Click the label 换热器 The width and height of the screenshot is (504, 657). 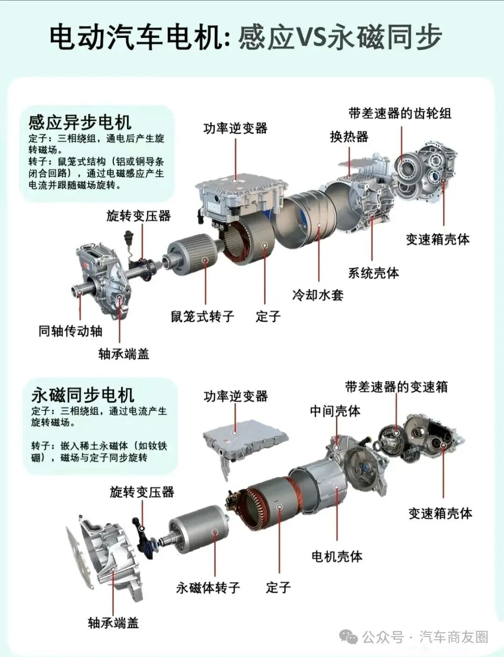tap(349, 137)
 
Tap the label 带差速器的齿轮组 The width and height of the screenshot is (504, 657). tap(400, 114)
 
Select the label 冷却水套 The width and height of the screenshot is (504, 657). tap(318, 295)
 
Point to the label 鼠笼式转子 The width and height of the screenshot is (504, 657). tap(203, 316)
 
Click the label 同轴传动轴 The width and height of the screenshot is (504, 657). tap(70, 331)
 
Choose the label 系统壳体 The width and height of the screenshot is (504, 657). tap(374, 273)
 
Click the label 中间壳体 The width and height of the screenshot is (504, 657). tap(335, 411)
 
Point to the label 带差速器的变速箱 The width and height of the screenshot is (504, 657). tap(396, 387)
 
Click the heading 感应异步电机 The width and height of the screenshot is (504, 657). tap(80, 123)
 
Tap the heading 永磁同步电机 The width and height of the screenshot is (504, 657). tap(83, 395)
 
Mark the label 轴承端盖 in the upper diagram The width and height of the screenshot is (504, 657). tap(124, 354)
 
